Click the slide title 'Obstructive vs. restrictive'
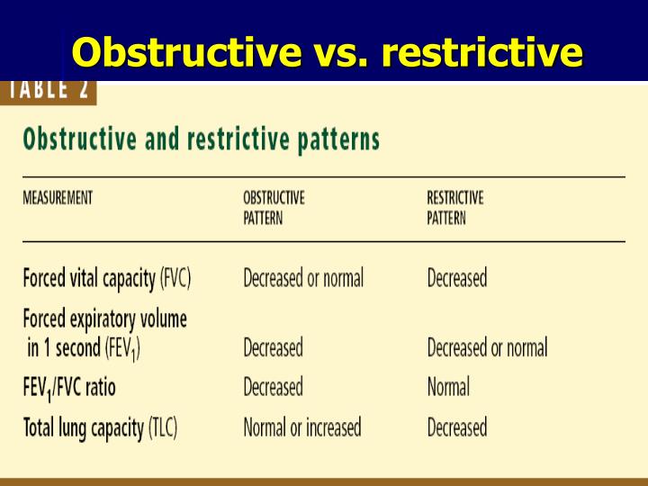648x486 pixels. tap(327, 52)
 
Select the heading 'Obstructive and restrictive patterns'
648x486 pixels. tap(201, 140)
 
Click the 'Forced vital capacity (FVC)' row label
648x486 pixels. tap(106, 278)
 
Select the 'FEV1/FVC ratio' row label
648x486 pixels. tap(69, 388)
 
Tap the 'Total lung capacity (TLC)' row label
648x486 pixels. tap(100, 427)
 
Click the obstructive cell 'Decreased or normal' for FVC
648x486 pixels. tap(303, 278)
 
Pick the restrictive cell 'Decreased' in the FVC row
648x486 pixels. tap(456, 278)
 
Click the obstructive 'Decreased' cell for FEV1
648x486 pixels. tap(273, 347)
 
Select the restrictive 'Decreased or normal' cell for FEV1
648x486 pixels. tap(487, 347)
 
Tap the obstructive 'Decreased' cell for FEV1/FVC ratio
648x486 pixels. tap(273, 387)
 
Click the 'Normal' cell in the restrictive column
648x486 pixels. tap(448, 387)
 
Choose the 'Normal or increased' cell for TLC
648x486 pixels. tap(301, 427)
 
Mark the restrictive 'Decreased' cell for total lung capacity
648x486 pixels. tap(456, 427)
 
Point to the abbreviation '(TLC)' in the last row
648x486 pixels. tap(163, 427)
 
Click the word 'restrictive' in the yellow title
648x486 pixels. tap(481, 52)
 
